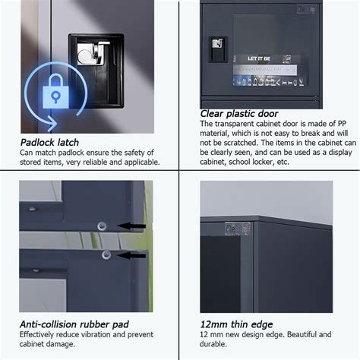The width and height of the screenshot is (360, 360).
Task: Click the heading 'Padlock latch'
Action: [x=49, y=142]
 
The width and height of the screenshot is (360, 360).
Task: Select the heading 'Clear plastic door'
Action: [x=239, y=114]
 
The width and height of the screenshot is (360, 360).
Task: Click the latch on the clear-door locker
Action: [x=217, y=48]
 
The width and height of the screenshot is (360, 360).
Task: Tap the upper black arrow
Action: [x=133, y=226]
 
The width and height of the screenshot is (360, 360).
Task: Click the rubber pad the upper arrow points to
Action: [x=102, y=225]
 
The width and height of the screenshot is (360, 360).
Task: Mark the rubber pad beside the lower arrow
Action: [x=106, y=254]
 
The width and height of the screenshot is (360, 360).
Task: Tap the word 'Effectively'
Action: [x=41, y=335]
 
